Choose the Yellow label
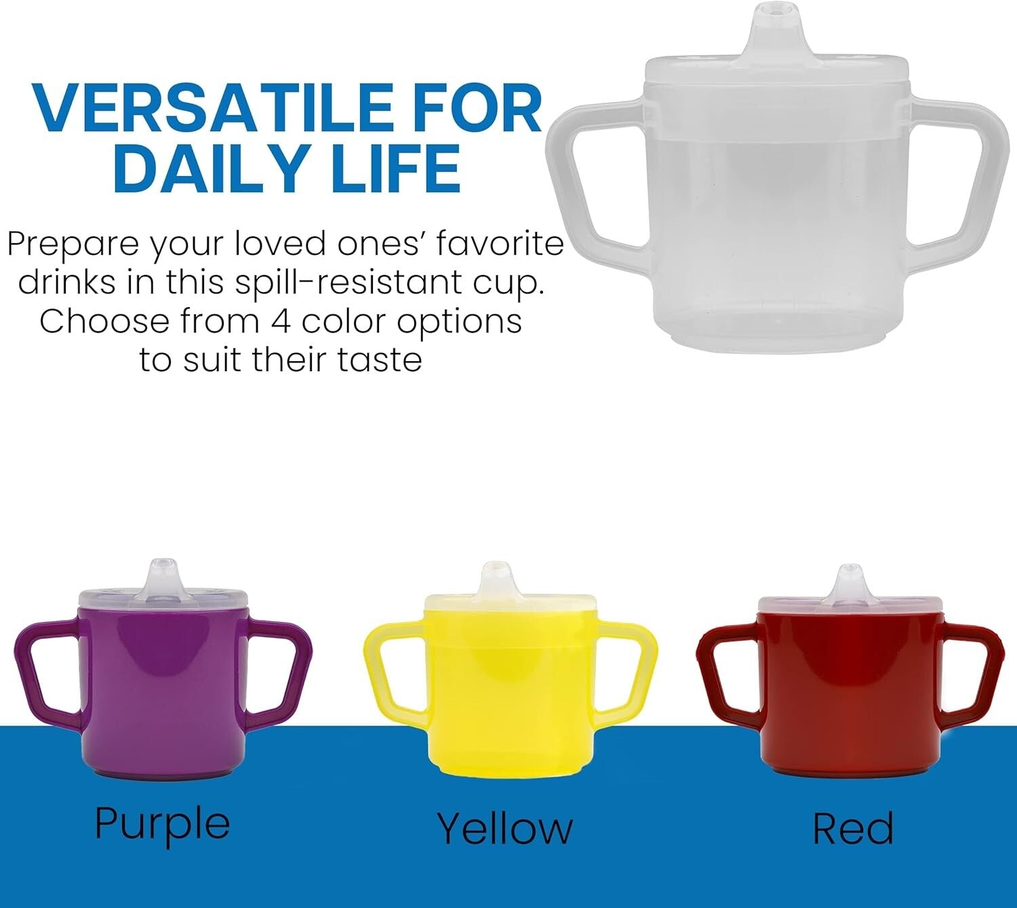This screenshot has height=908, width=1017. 504,828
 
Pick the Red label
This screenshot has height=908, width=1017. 853,828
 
